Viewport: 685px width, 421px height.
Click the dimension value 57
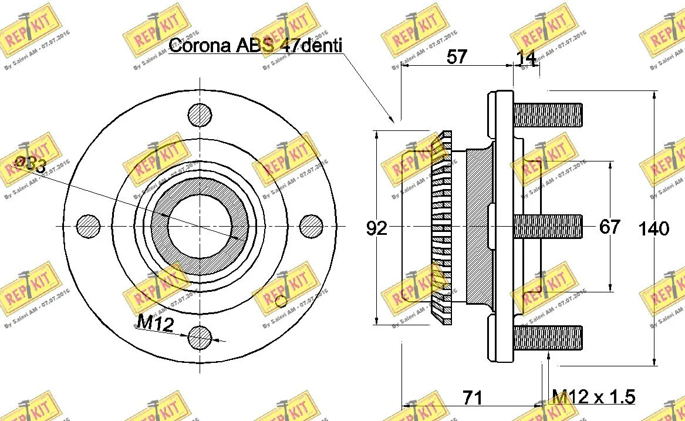pyautogui.click(x=457, y=57)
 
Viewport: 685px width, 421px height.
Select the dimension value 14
pyautogui.click(x=527, y=57)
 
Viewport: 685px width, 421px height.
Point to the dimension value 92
pyautogui.click(x=377, y=228)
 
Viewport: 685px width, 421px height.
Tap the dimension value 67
pyautogui.click(x=610, y=227)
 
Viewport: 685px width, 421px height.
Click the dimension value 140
pyautogui.click(x=654, y=228)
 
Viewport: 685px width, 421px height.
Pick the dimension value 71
pyautogui.click(x=473, y=398)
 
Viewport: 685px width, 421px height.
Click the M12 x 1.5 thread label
pyautogui.click(x=593, y=397)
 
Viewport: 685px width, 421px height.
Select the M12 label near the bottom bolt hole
pyautogui.click(x=155, y=322)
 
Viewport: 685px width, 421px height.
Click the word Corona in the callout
pyautogui.click(x=199, y=46)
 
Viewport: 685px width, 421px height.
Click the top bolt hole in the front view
pyautogui.click(x=200, y=114)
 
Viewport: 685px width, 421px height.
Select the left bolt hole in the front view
pyautogui.click(x=89, y=226)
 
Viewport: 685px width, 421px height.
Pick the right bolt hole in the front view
pyautogui.click(x=312, y=226)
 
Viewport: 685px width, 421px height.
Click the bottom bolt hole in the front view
pyautogui.click(x=200, y=337)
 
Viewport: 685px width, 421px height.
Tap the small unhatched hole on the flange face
pyautogui.click(x=281, y=301)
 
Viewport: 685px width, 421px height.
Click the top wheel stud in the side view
pyautogui.click(x=548, y=114)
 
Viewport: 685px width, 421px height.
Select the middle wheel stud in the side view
pyautogui.click(x=548, y=226)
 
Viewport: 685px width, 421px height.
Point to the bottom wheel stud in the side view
pyautogui.click(x=548, y=338)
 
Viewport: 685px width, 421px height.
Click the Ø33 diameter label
pyautogui.click(x=30, y=165)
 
